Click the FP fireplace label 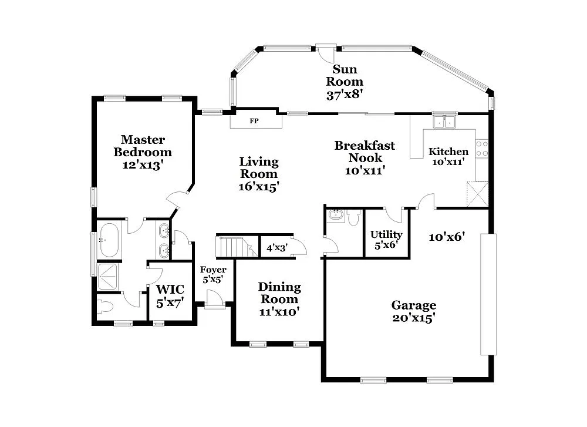tap(254, 122)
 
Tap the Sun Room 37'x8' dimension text tap(345, 94)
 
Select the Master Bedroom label tap(143, 152)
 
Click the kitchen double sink tap(444, 122)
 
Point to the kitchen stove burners tap(481, 149)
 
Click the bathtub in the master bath tap(109, 240)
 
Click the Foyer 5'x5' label tap(214, 275)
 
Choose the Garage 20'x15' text tap(414, 311)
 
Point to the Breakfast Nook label tap(365, 157)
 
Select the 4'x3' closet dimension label tap(276, 248)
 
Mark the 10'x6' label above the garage tap(447, 237)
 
